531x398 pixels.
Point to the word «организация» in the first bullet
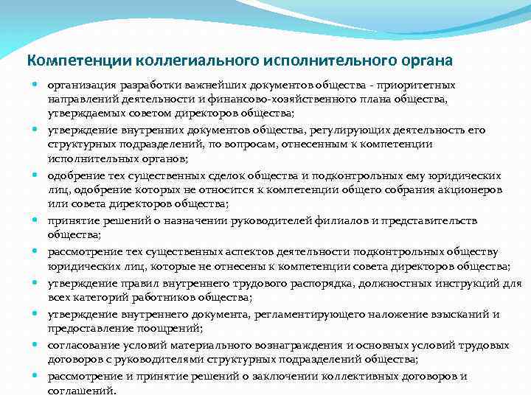point(79,85)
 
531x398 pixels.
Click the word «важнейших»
point(204,85)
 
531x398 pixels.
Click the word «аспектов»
point(263,251)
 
